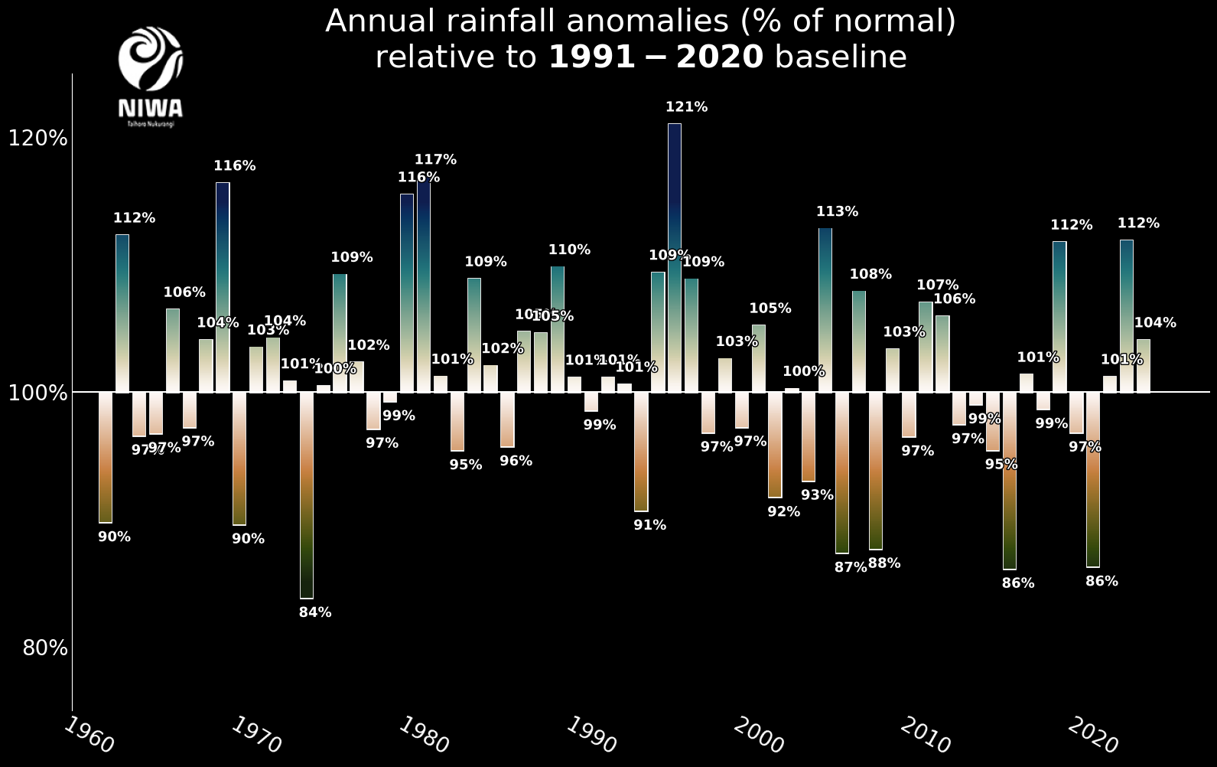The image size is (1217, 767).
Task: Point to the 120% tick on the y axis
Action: click(38, 139)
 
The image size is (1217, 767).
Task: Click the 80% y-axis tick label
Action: click(45, 648)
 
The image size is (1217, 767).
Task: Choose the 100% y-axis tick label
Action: click(38, 393)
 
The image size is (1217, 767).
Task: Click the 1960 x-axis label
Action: click(88, 735)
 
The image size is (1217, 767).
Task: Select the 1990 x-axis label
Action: click(591, 735)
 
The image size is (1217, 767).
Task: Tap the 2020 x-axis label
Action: click(1092, 735)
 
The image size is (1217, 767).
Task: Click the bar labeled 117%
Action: click(424, 287)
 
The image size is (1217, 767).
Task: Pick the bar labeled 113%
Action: click(825, 310)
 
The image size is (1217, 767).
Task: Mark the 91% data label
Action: click(649, 525)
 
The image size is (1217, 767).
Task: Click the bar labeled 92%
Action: click(775, 445)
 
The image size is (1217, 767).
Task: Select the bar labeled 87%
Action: click(842, 472)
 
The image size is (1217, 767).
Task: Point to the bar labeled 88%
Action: click(875, 471)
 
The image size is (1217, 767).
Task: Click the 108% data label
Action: click(870, 274)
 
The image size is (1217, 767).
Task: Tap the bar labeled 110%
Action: click(558, 329)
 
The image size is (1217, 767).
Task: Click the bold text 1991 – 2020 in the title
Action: click(656, 57)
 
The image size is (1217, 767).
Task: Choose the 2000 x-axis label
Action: click(758, 735)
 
